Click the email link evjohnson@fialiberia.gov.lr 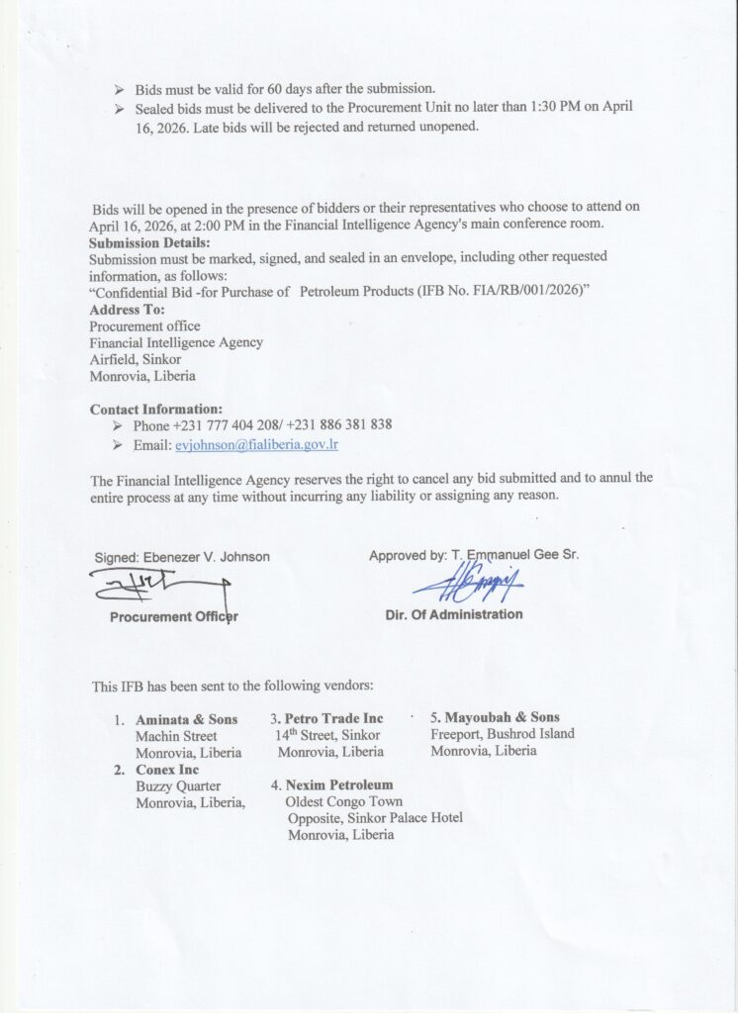click(256, 445)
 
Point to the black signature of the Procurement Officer click(158, 590)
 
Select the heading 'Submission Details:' click(150, 242)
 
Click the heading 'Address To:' click(128, 310)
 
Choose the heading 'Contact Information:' click(156, 409)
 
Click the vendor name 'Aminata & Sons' click(187, 719)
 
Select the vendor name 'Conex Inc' click(167, 770)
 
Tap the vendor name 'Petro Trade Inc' click(333, 718)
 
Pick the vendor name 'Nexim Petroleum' click(339, 785)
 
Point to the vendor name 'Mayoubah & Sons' click(502, 717)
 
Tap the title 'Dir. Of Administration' click(454, 614)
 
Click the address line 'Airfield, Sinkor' click(136, 359)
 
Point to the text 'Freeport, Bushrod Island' click(502, 734)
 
